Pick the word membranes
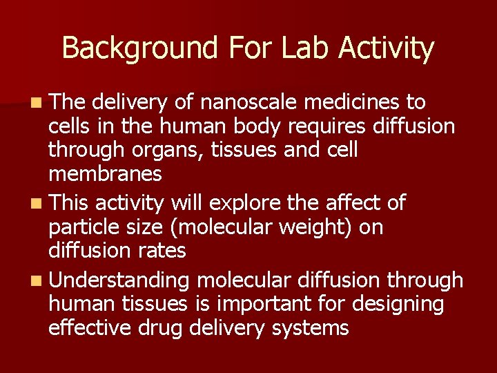pyautogui.click(x=105, y=174)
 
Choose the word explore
pyautogui.click(x=242, y=203)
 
